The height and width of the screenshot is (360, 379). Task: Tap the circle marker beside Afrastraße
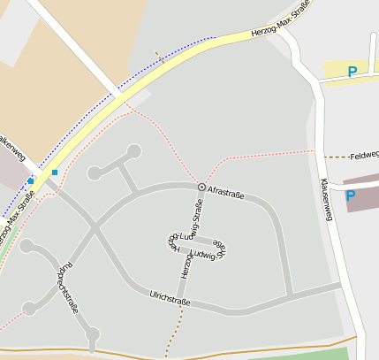201,188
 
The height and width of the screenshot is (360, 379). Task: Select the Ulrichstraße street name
170,299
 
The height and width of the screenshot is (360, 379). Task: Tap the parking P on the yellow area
353,72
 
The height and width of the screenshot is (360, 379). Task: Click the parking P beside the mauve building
350,195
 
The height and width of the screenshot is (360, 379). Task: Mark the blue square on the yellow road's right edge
55,172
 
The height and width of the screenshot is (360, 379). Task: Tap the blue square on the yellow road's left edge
31,180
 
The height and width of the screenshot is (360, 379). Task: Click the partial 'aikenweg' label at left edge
12,148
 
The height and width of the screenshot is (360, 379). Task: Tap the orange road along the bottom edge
177,356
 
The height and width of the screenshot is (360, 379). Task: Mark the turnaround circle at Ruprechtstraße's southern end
93,333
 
